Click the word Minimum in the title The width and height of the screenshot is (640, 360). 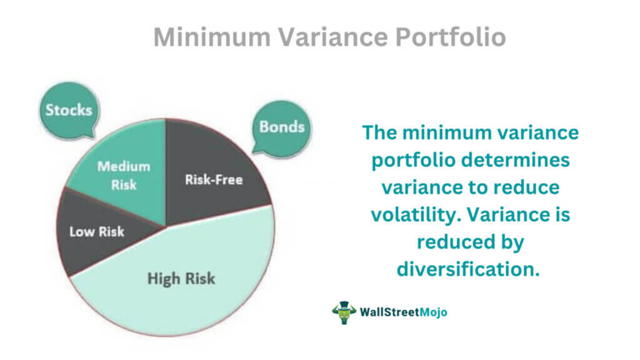(212, 37)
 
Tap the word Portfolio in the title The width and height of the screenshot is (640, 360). (451, 37)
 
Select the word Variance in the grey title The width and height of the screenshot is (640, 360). (333, 37)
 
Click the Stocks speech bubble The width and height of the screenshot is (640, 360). (69, 110)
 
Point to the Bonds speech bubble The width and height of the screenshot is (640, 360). (282, 127)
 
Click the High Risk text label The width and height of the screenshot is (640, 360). (181, 279)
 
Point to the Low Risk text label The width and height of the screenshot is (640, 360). (97, 232)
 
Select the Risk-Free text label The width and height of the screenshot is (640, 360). (214, 179)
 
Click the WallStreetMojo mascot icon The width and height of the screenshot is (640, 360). (344, 312)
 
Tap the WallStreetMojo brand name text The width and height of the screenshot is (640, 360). (403, 312)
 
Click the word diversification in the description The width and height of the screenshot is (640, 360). (468, 269)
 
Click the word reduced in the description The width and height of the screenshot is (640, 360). (446, 242)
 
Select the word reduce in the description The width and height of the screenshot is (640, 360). (526, 187)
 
